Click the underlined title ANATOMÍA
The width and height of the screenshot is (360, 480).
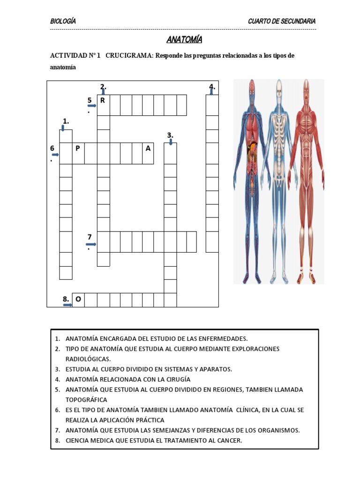coord(184,39)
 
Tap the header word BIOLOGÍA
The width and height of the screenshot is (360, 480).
coord(63,22)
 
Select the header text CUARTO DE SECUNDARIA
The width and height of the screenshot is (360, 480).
coord(281,22)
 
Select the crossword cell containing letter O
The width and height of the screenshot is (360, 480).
coord(78,300)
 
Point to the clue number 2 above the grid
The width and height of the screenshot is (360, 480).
coord(103,86)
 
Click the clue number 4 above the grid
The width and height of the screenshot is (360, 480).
coord(212,86)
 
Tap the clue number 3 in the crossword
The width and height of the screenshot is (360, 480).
coord(170,135)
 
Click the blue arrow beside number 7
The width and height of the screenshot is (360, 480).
coord(91,244)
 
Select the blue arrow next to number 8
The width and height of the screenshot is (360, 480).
coord(68,305)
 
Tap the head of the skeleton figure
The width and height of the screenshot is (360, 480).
coord(279,87)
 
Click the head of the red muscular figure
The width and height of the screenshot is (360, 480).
coord(306,87)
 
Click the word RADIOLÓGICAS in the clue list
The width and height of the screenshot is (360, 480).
coord(88,359)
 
